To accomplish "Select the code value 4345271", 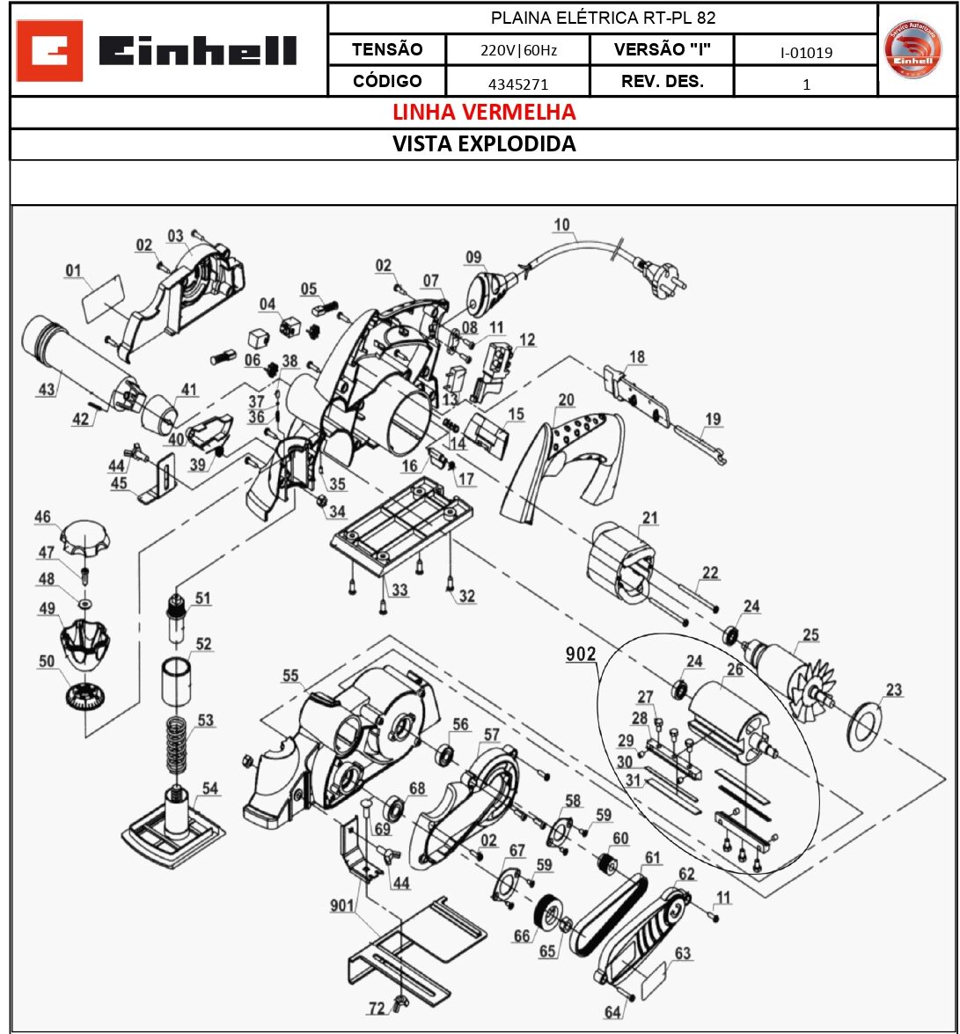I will click(x=517, y=84).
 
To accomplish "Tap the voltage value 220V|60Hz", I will click(x=517, y=51).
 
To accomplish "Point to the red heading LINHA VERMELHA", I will click(x=483, y=113).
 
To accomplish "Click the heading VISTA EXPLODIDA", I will click(x=483, y=144).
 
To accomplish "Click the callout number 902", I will click(x=581, y=655).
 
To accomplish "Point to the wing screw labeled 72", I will click(x=402, y=1000).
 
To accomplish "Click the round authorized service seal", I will click(x=912, y=49).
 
